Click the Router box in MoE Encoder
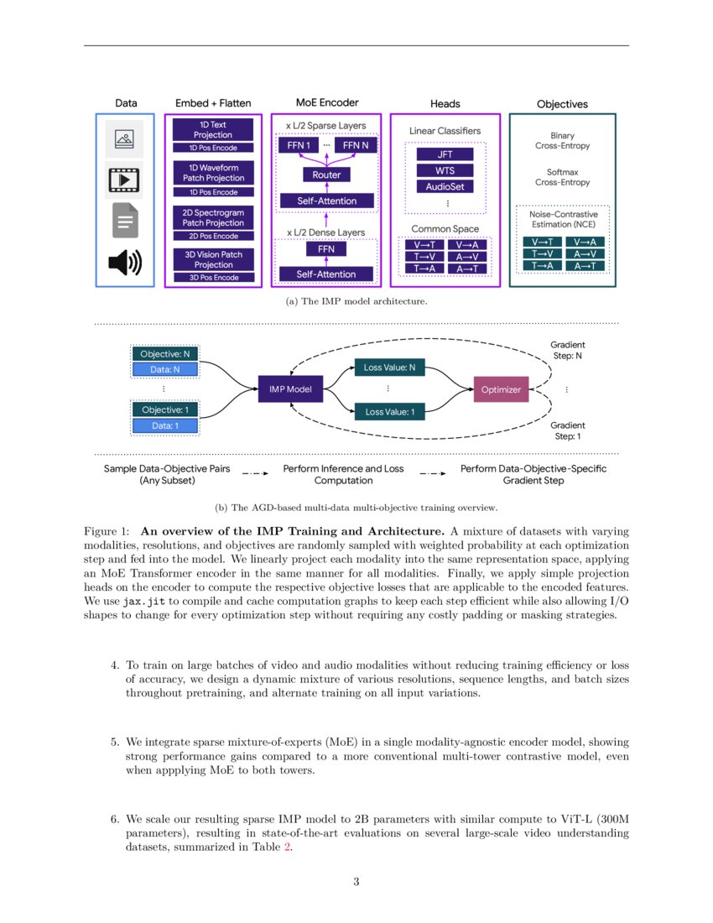click(x=326, y=175)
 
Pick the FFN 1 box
click(x=296, y=145)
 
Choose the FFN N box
click(x=356, y=145)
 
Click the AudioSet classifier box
click(x=445, y=186)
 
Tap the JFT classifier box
click(x=445, y=154)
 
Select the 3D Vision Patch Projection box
click(x=213, y=259)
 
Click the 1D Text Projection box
click(x=213, y=129)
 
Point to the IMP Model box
click(x=290, y=389)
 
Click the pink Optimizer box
click(x=501, y=389)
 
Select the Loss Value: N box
click(x=388, y=368)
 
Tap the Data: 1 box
click(x=164, y=425)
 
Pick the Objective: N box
click(x=164, y=354)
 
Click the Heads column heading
click(x=445, y=104)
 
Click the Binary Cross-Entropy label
click(x=562, y=140)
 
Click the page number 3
click(x=356, y=881)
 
